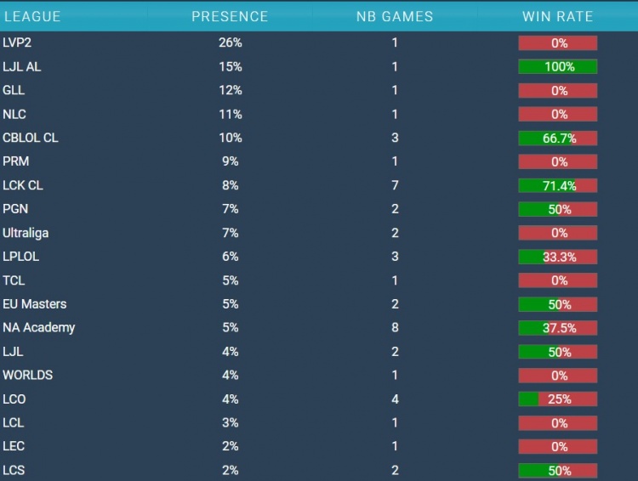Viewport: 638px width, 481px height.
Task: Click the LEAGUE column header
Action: click(33, 16)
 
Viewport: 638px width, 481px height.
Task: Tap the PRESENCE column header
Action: click(230, 16)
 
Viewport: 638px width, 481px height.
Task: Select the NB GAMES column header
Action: click(394, 16)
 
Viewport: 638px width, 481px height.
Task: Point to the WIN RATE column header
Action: click(558, 16)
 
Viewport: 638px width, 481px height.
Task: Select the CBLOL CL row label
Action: click(31, 138)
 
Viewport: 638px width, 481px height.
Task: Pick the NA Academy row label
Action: click(39, 327)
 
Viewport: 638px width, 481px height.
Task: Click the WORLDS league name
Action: click(28, 375)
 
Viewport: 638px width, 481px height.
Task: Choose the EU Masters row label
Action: click(35, 303)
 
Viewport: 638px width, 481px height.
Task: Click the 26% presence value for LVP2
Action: click(230, 42)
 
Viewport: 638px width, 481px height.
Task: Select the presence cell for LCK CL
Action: click(230, 185)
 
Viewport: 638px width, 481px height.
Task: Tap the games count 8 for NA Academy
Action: click(394, 327)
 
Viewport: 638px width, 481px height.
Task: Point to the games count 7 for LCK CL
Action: click(394, 185)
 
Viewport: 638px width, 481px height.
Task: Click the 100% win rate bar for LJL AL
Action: click(558, 66)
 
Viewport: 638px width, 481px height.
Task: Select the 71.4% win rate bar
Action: click(558, 185)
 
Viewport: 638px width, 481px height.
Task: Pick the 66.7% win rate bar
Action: click(558, 138)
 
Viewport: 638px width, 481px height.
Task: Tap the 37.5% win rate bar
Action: click(558, 327)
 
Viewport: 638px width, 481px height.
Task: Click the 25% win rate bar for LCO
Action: click(558, 399)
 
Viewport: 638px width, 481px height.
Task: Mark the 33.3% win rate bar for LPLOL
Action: click(558, 257)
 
